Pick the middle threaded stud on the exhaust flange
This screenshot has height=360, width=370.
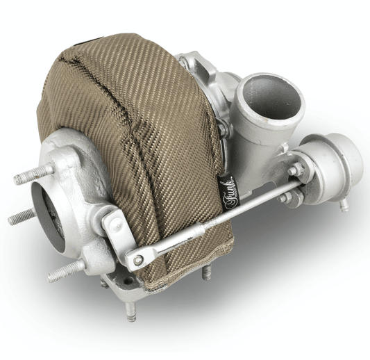(x=22, y=218)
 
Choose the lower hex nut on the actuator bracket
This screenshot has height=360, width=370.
(x=286, y=197)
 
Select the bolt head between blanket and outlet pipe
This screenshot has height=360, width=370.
(x=224, y=129)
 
